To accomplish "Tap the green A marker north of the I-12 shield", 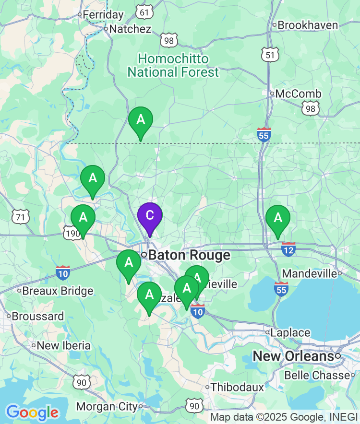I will coord(278,218).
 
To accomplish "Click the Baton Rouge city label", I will coord(189,255).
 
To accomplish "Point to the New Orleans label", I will coord(293,356).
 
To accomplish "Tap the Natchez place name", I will coord(130,29).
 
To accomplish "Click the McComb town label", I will coord(298,94).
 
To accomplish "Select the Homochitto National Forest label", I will coord(173,66).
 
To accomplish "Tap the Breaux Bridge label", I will coord(58,291).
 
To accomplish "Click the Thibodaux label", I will coord(238,387).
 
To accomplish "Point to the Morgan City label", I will coord(107,407).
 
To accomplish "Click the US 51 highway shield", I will coord(270,55).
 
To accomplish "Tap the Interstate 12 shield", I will coord(288,249).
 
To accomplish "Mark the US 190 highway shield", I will coord(72,233).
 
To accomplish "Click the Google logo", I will coord(32,412).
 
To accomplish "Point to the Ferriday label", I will coord(103,15).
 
